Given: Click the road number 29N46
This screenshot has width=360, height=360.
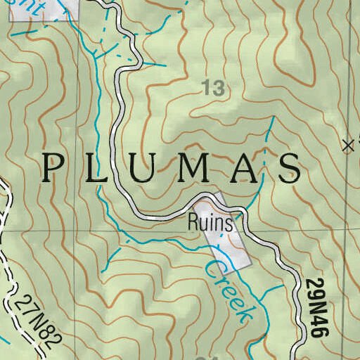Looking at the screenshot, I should pos(314,310).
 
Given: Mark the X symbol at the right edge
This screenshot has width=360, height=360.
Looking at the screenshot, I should pos(347,146).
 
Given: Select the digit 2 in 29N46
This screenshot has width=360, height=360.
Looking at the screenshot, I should pos(314,284).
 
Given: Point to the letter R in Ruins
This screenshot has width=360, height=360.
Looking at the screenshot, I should pos(193,224).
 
